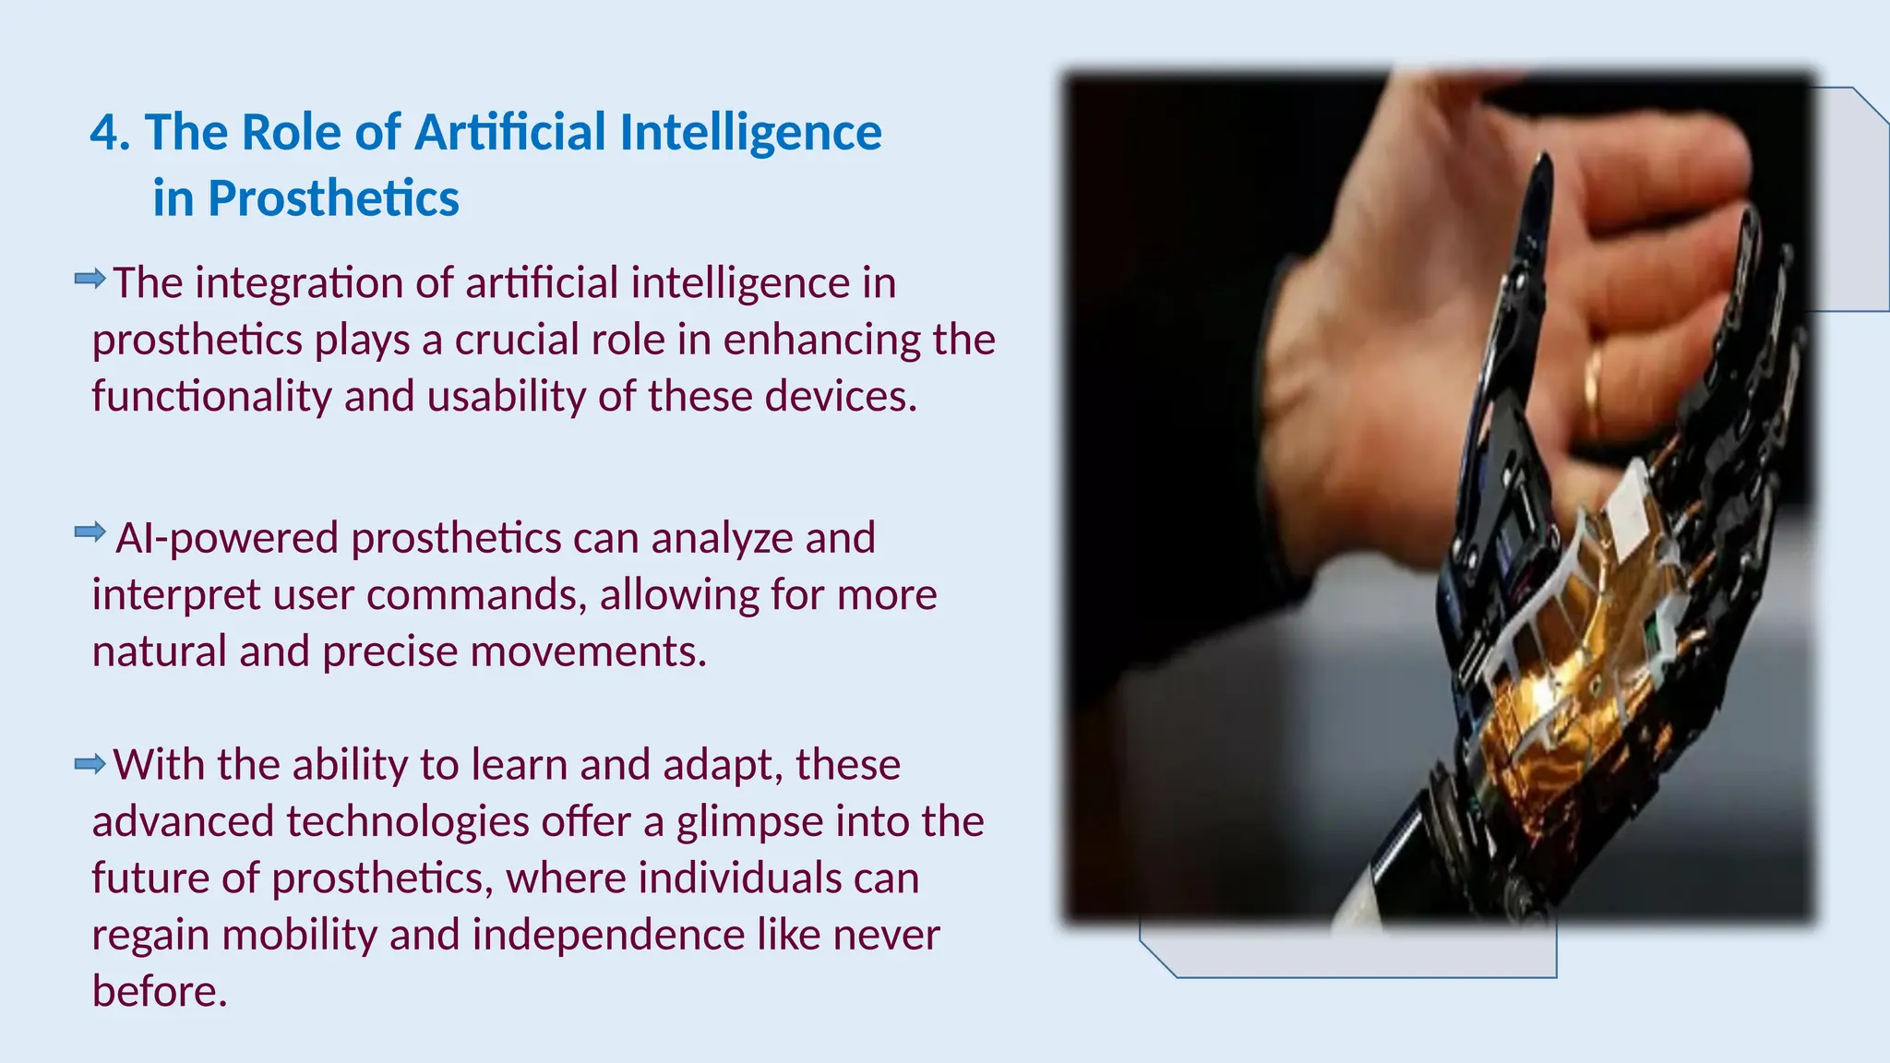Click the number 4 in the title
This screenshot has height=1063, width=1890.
click(x=106, y=133)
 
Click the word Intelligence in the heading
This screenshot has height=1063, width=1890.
click(x=750, y=133)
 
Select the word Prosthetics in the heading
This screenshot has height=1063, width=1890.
click(x=333, y=199)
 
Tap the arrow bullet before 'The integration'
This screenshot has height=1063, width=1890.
click(x=90, y=278)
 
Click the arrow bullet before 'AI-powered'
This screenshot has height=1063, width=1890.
click(x=90, y=531)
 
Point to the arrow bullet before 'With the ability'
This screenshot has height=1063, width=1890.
click(x=90, y=763)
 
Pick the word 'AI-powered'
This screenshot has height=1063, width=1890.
click(x=227, y=538)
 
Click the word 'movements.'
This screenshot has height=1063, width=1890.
click(x=588, y=651)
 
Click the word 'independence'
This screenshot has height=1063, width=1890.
click(x=608, y=935)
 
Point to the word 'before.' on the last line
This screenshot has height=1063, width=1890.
click(x=160, y=991)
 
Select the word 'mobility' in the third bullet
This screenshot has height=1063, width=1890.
click(x=299, y=935)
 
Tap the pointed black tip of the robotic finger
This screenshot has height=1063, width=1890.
click(x=1539, y=171)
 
